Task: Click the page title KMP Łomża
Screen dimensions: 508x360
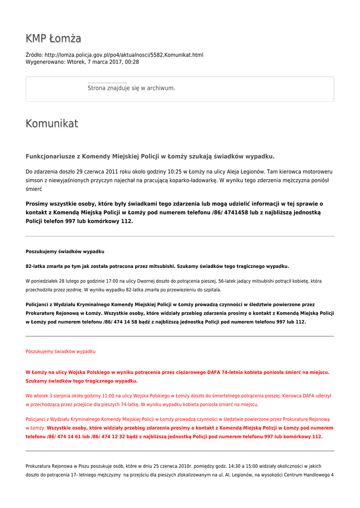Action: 53,39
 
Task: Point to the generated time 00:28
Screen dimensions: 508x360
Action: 132,62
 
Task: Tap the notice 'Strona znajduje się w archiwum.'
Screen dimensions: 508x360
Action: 131,88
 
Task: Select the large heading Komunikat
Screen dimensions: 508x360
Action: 52,124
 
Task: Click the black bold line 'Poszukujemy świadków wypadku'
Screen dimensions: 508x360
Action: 65,252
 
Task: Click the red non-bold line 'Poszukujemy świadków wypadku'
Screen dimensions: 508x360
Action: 60,351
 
